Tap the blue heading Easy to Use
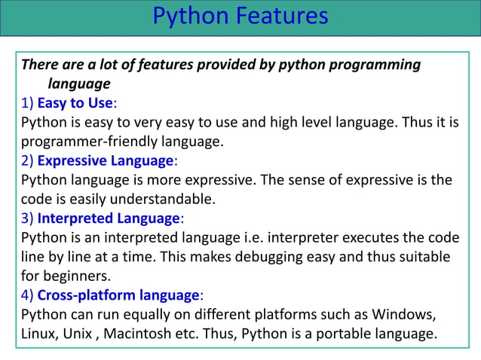(75, 102)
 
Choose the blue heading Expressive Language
(106, 160)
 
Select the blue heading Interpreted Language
(109, 218)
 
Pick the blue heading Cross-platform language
(118, 295)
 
